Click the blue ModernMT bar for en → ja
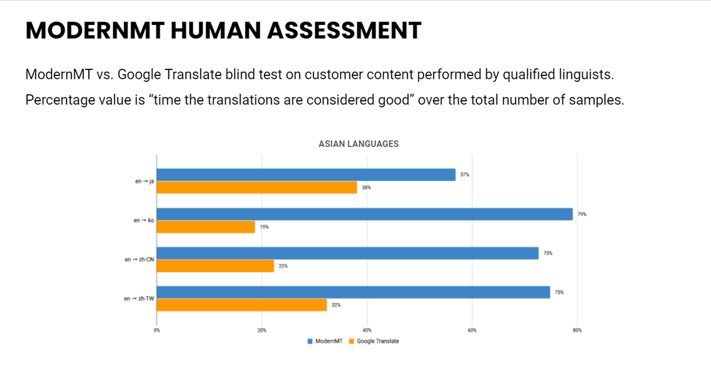pos(306,175)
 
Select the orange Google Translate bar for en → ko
pos(206,227)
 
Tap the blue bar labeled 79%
pos(365,214)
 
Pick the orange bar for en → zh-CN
pos(215,266)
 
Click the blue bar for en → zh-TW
pos(353,292)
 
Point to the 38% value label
pos(366,187)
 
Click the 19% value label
pos(264,227)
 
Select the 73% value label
pos(548,253)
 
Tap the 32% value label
pos(336,305)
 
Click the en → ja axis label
pos(145,181)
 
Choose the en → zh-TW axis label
pos(139,299)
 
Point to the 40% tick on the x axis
pos(367,330)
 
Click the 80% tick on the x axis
pos(577,330)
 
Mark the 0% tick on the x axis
pos(157,330)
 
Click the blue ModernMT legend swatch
pos(310,342)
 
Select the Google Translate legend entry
pos(374,342)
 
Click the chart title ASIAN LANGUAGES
pos(358,144)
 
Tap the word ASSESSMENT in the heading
pos(344,30)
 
